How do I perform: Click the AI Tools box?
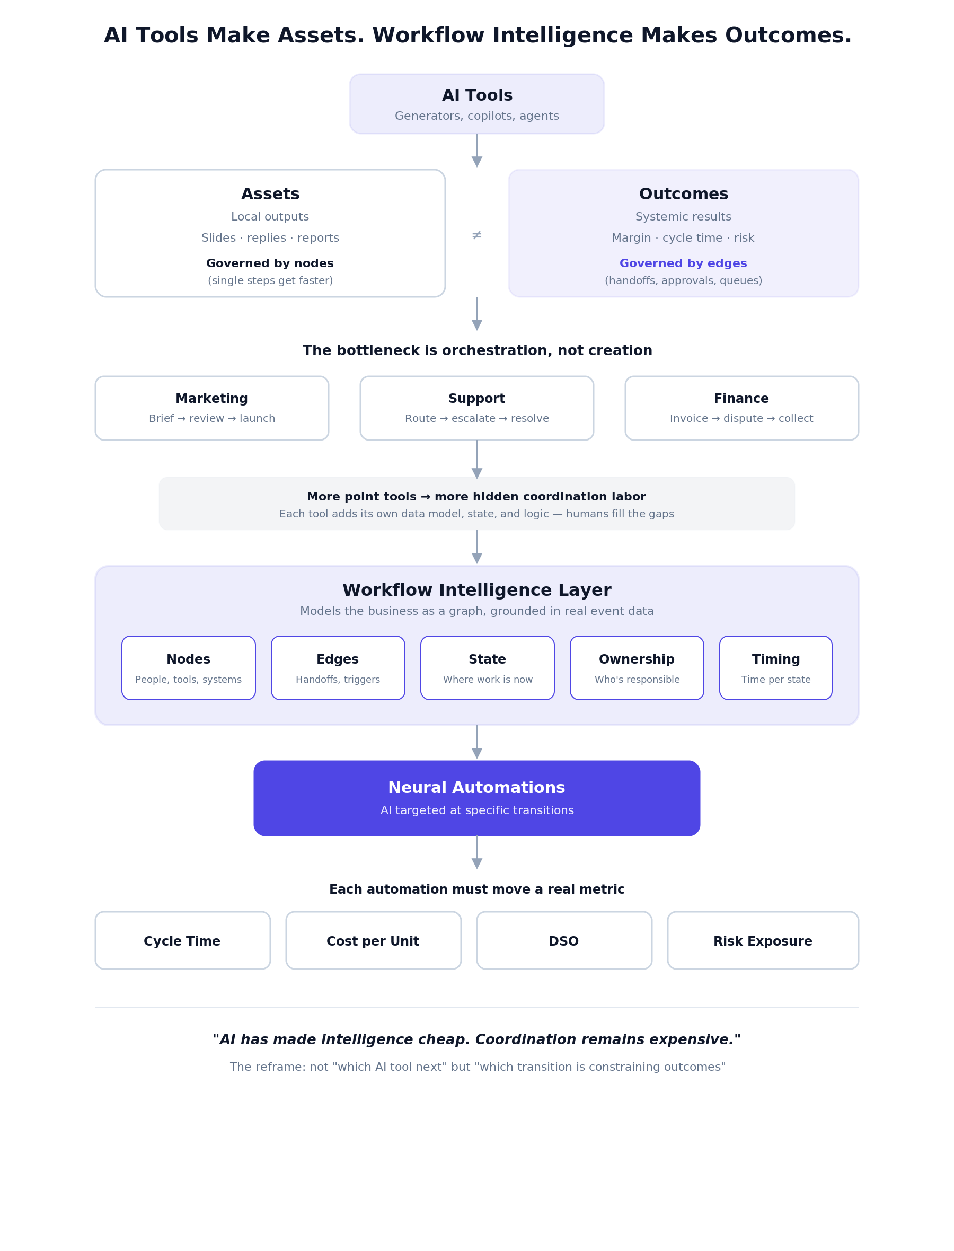click(x=477, y=104)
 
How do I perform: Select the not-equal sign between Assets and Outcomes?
click(x=477, y=235)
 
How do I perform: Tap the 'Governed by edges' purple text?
click(x=683, y=263)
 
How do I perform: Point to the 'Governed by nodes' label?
click(x=270, y=263)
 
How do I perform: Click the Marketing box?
click(x=212, y=408)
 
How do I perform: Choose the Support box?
click(x=477, y=408)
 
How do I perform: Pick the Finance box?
click(x=741, y=408)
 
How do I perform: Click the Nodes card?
click(x=189, y=668)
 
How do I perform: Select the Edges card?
click(x=338, y=668)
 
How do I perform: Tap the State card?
click(x=487, y=668)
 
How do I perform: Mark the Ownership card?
click(x=637, y=668)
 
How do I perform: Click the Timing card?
click(x=776, y=668)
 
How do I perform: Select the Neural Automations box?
click(x=477, y=798)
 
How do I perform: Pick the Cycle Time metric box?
click(x=183, y=941)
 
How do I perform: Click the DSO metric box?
click(x=564, y=941)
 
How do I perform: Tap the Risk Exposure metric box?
click(x=763, y=941)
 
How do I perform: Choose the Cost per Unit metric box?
click(x=374, y=941)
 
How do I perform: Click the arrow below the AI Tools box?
click(x=477, y=151)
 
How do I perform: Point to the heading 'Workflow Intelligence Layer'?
click(x=477, y=590)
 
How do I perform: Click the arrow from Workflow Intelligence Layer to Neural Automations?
click(x=477, y=742)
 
